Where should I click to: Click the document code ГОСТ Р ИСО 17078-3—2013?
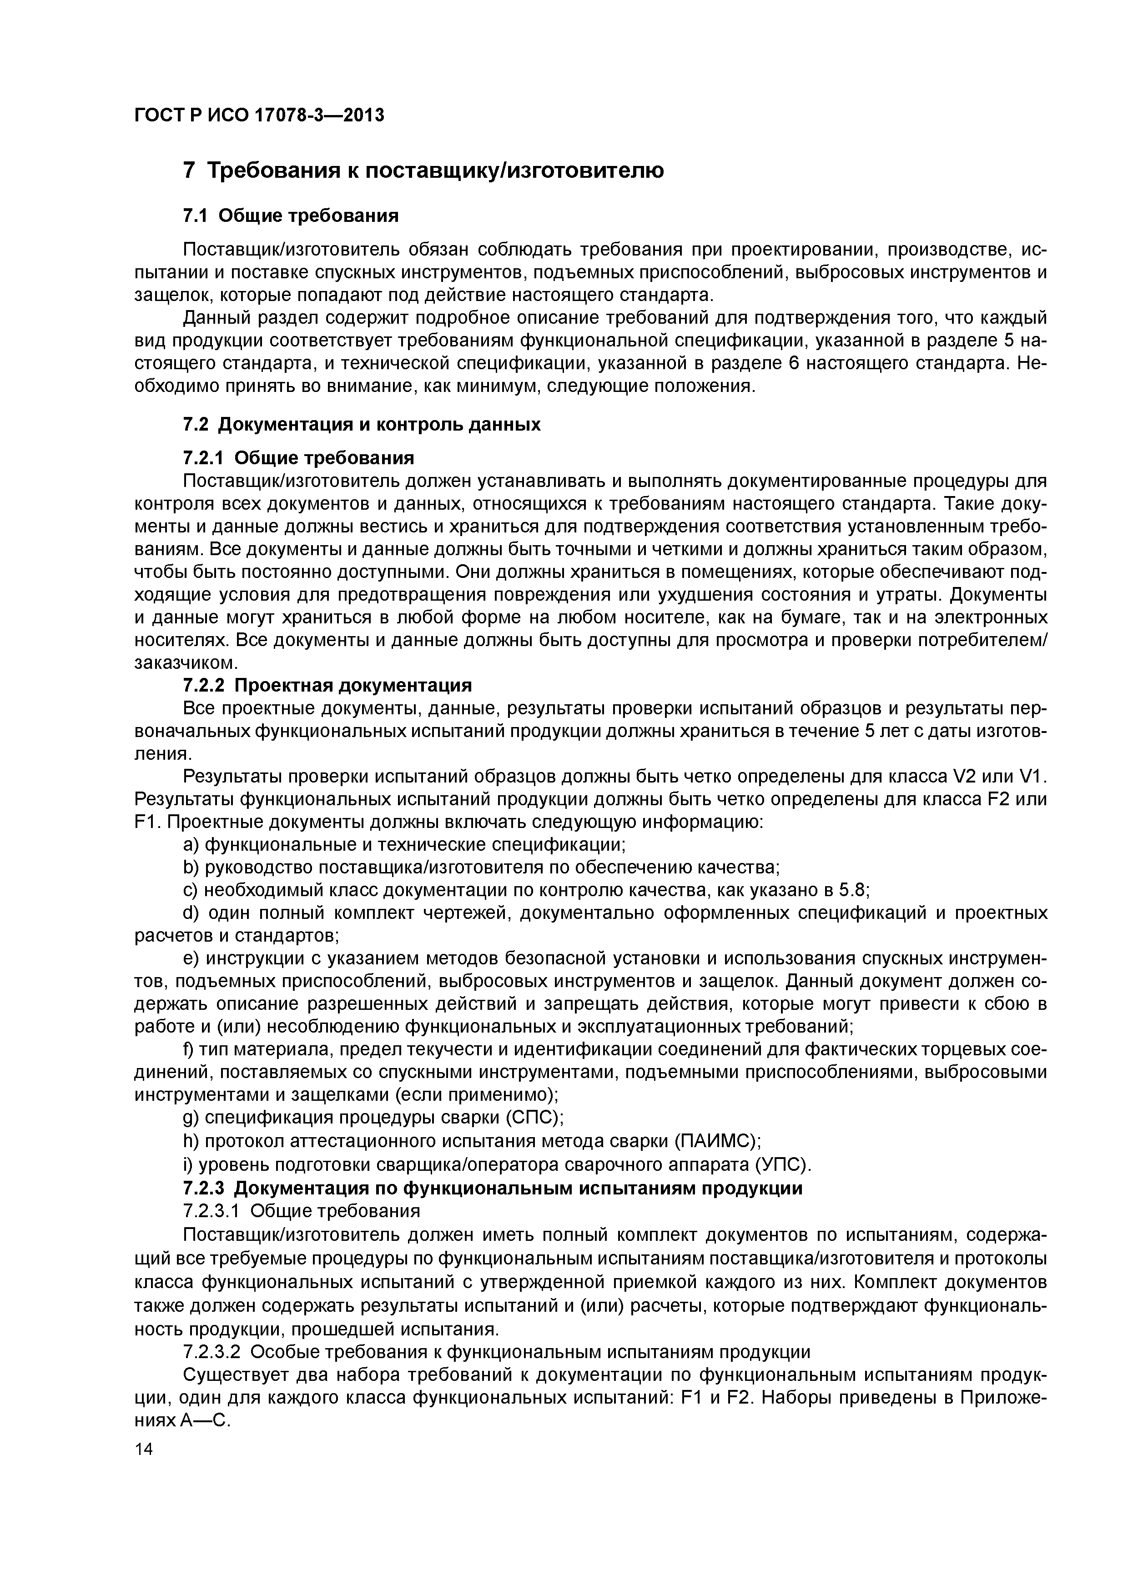click(x=258, y=115)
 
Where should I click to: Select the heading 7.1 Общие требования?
click(x=291, y=216)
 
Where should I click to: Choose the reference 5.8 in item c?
click(x=852, y=891)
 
